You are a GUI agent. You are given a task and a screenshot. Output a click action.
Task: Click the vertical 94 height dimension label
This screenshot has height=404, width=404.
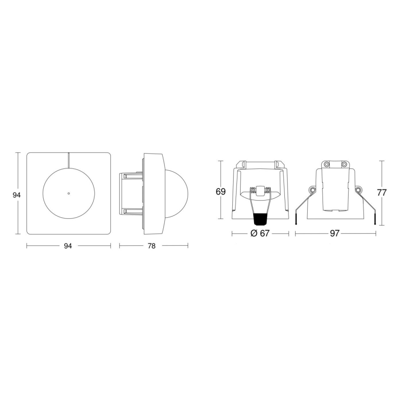pos(17,195)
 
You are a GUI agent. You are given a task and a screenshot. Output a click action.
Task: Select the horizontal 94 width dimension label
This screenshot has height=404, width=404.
pos(68,246)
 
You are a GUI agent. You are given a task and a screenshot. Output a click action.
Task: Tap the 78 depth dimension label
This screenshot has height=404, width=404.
pos(151,246)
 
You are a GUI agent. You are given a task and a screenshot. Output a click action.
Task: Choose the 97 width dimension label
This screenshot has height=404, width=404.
pos(335,234)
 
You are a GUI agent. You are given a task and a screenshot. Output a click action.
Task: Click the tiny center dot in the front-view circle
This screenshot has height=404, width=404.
pos(68,193)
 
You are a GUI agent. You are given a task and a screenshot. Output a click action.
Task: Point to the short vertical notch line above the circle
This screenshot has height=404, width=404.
pos(68,160)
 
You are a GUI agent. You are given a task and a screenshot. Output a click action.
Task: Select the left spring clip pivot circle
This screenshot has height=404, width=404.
pos(312,190)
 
